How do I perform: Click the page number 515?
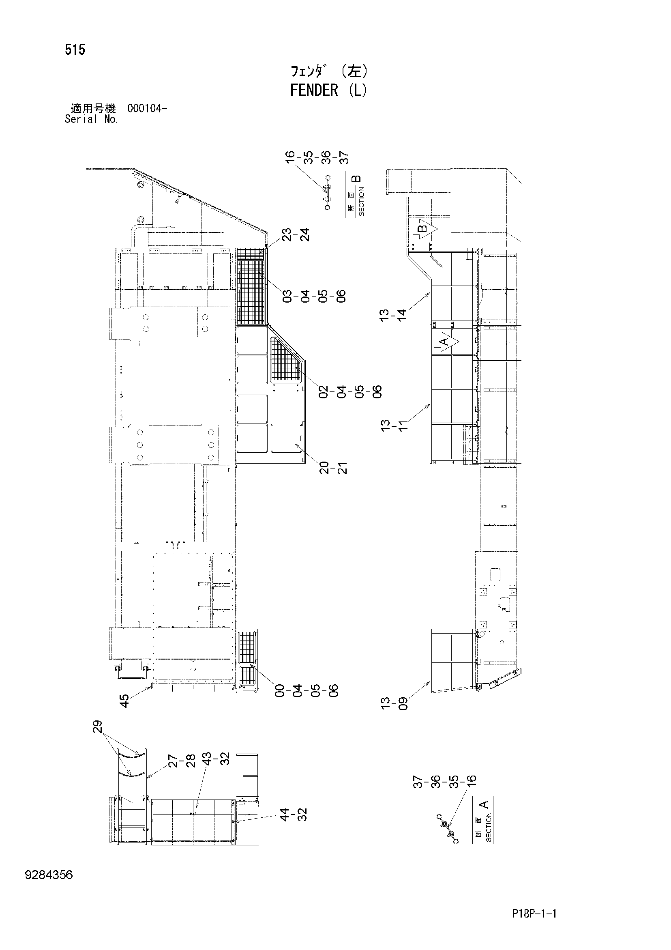tap(75, 50)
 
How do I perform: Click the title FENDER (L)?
tap(328, 90)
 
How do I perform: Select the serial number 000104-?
tap(147, 109)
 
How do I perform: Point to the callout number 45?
tap(124, 701)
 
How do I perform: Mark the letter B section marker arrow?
tap(425, 229)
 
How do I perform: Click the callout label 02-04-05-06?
tap(352, 391)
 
